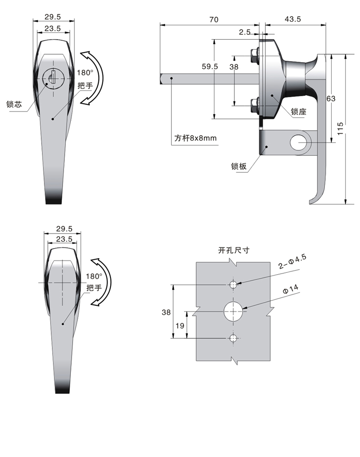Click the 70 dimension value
coord(213,20)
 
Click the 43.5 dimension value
coord(292,20)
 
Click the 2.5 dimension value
coord(244,32)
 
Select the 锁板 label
coord(238,166)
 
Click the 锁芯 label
coord(14,104)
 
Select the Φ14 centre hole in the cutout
coord(233,312)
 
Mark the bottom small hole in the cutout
coord(233,339)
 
